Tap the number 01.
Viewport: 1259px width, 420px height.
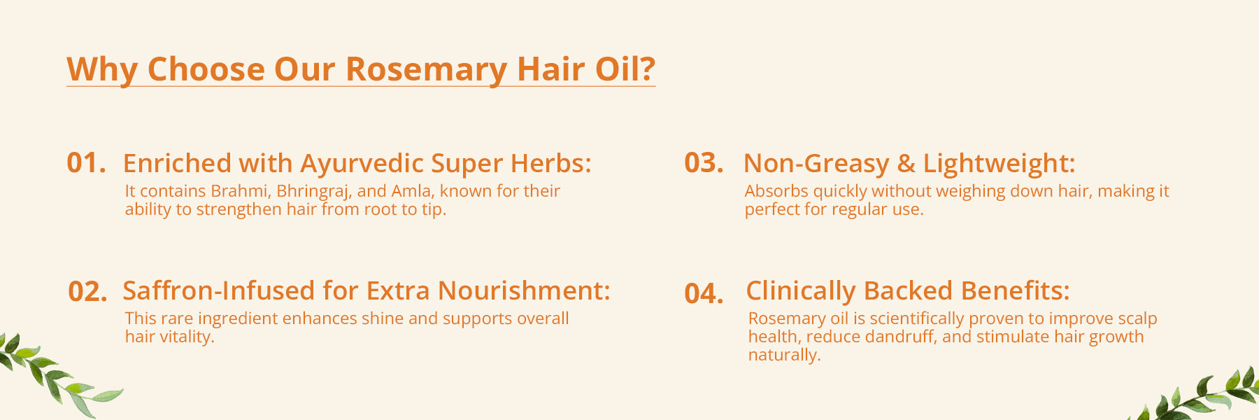click(x=86, y=163)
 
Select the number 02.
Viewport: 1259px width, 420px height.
click(x=87, y=291)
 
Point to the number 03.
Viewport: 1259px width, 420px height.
click(x=704, y=163)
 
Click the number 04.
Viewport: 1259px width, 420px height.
click(x=704, y=293)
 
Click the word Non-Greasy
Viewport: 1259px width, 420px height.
click(x=816, y=164)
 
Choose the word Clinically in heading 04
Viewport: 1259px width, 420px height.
click(x=801, y=291)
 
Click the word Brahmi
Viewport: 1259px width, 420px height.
click(x=241, y=191)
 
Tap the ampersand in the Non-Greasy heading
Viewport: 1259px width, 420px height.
click(x=906, y=164)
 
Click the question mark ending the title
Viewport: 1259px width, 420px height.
click(x=647, y=69)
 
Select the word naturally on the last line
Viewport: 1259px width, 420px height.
click(x=784, y=356)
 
